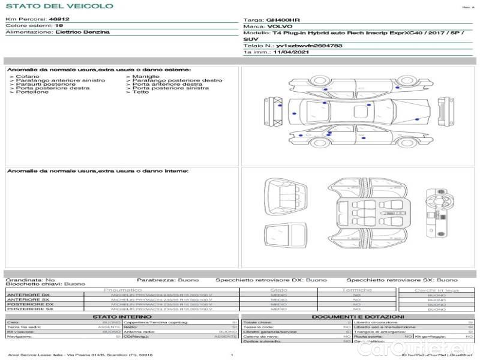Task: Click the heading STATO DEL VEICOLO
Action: [x=59, y=6]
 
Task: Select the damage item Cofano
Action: [x=27, y=77]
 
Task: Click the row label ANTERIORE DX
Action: [x=28, y=295]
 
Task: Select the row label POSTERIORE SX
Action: [x=29, y=309]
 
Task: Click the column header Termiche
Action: [x=357, y=290]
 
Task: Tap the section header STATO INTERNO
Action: [x=122, y=316]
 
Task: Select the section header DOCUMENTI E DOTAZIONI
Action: [x=358, y=316]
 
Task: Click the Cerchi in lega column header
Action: [x=437, y=290]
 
